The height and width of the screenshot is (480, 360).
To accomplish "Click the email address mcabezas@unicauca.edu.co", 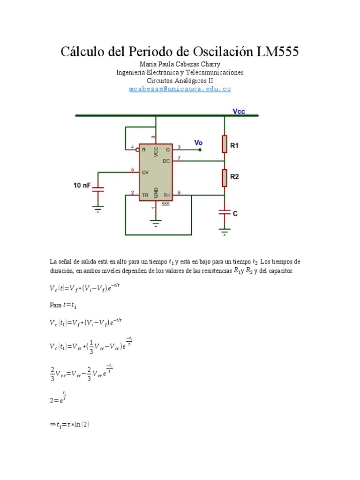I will pyautogui.click(x=180, y=89).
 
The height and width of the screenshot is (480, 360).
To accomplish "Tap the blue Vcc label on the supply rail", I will pyautogui.click(x=239, y=112).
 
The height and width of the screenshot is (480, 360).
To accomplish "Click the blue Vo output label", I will pyautogui.click(x=199, y=142).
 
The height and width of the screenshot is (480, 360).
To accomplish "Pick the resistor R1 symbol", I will pyautogui.click(x=225, y=144).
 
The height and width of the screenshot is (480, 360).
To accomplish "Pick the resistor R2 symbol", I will pyautogui.click(x=225, y=177).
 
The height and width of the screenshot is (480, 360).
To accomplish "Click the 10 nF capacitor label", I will pyautogui.click(x=82, y=186).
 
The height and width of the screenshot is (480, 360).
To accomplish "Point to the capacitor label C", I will pyautogui.click(x=235, y=213).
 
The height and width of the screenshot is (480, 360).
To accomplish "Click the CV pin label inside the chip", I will pyautogui.click(x=145, y=172).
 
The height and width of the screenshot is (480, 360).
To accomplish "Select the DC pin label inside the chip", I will pyautogui.click(x=166, y=161).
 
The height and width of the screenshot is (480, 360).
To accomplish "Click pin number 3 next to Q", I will pyautogui.click(x=179, y=147).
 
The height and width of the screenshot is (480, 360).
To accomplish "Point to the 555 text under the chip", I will pyautogui.click(x=165, y=204).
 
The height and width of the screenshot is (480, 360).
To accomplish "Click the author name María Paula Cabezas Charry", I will pyautogui.click(x=180, y=64).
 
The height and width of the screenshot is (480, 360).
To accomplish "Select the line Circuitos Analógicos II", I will pyautogui.click(x=180, y=81).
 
